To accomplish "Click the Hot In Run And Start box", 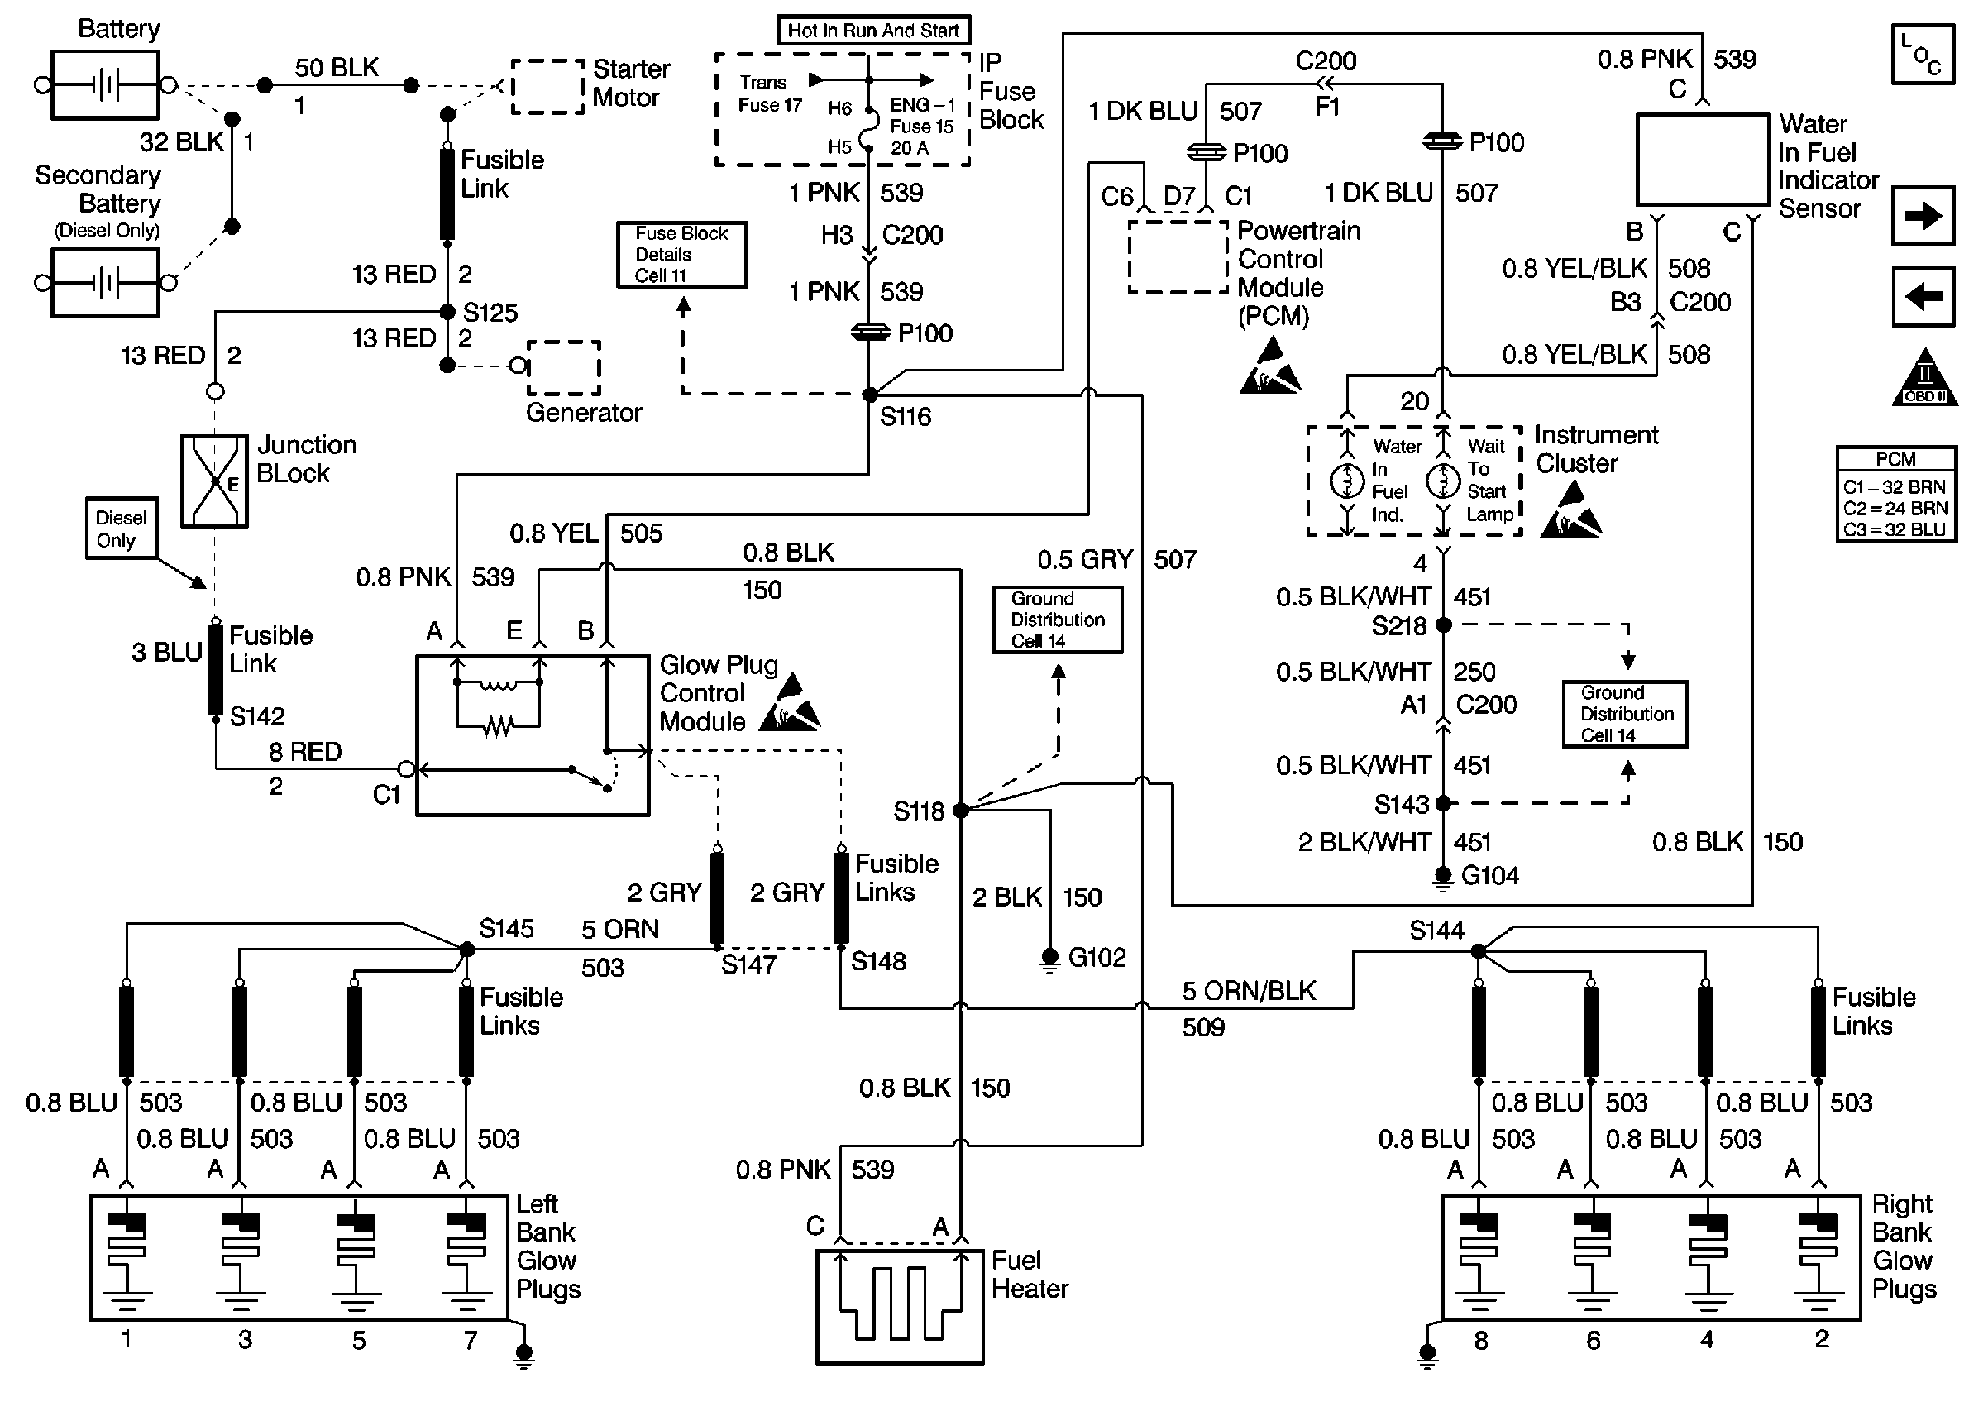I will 873,31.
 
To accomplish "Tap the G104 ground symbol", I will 1442,877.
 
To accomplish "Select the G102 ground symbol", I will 1049,959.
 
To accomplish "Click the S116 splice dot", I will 869,395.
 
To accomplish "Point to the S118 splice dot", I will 960,811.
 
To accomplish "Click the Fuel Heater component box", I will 899,1305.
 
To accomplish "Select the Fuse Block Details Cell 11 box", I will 681,255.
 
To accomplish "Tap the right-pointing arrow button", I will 1923,215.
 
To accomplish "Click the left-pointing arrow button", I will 1923,297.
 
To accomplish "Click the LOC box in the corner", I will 1923,55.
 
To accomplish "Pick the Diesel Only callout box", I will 121,529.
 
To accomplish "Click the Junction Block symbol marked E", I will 214,481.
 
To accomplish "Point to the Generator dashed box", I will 563,367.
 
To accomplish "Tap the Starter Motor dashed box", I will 547,87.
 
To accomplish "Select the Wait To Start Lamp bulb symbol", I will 1443,481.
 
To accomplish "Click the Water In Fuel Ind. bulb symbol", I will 1347,481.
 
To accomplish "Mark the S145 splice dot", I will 467,950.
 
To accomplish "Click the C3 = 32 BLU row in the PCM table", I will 1895,530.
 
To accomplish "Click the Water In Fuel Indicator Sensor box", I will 1702,160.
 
